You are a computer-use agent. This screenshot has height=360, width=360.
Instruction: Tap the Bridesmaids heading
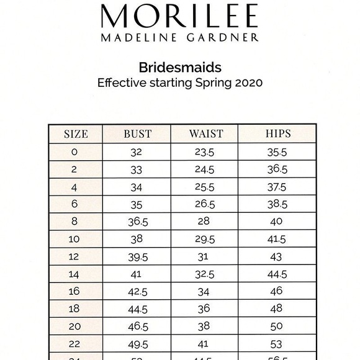pos(180,67)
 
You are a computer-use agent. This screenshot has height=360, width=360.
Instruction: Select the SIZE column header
pos(76,134)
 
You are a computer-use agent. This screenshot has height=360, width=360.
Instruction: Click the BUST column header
pos(137,134)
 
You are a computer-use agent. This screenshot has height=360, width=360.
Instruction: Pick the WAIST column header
pos(205,134)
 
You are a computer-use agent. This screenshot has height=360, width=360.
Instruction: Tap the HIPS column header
pos(277,134)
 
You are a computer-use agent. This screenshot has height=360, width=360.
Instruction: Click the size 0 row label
pos(75,152)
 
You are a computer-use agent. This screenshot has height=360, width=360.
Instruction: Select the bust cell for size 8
pos(137,222)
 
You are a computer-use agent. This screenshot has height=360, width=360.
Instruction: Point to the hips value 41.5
pos(277,239)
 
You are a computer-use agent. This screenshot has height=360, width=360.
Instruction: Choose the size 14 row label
pos(75,274)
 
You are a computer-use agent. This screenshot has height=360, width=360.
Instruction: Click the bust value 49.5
pos(137,343)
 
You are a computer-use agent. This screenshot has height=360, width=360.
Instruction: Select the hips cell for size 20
pos(277,326)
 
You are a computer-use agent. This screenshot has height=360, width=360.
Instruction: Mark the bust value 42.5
pos(137,291)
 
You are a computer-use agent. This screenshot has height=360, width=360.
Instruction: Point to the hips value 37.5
pos(277,187)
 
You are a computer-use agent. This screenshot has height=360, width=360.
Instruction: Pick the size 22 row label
pos(75,343)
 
